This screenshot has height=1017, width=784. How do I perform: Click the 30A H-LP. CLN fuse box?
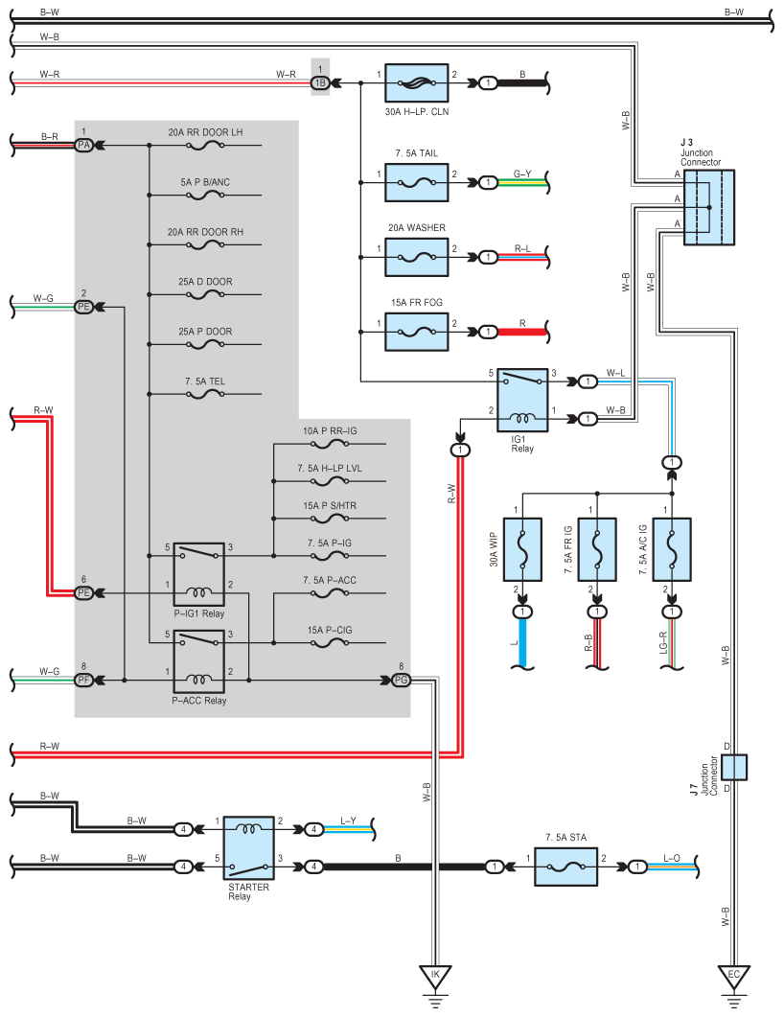click(x=417, y=83)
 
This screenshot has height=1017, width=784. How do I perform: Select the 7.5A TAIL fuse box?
click(x=417, y=182)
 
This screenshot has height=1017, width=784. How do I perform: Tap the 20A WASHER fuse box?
click(x=417, y=257)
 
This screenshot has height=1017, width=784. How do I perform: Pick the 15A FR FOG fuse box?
click(x=417, y=332)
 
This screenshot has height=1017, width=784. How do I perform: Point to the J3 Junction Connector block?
click(x=708, y=208)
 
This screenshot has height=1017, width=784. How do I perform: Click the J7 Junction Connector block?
click(x=734, y=767)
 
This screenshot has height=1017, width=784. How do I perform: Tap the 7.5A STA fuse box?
click(x=565, y=867)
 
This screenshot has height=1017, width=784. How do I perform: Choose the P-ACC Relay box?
click(x=198, y=661)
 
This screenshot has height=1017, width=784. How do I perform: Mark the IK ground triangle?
click(x=435, y=977)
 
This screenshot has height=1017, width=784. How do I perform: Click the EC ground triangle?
click(x=734, y=977)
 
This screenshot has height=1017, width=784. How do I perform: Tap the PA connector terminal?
click(x=84, y=145)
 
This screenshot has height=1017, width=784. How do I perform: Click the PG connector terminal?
click(x=401, y=681)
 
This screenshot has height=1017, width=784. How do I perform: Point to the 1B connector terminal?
click(x=320, y=83)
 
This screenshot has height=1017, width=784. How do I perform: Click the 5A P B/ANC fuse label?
click(x=205, y=181)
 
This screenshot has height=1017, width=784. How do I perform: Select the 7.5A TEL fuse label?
click(x=205, y=381)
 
